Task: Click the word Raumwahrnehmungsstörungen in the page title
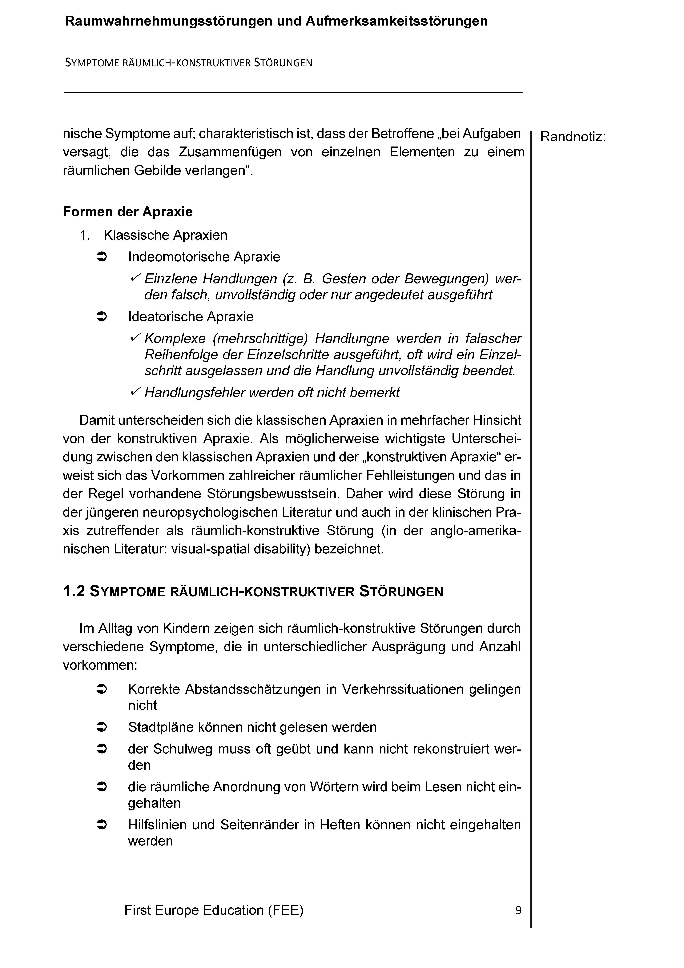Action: (x=169, y=21)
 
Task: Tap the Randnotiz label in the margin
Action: (x=573, y=137)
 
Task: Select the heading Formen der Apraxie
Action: (x=128, y=212)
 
